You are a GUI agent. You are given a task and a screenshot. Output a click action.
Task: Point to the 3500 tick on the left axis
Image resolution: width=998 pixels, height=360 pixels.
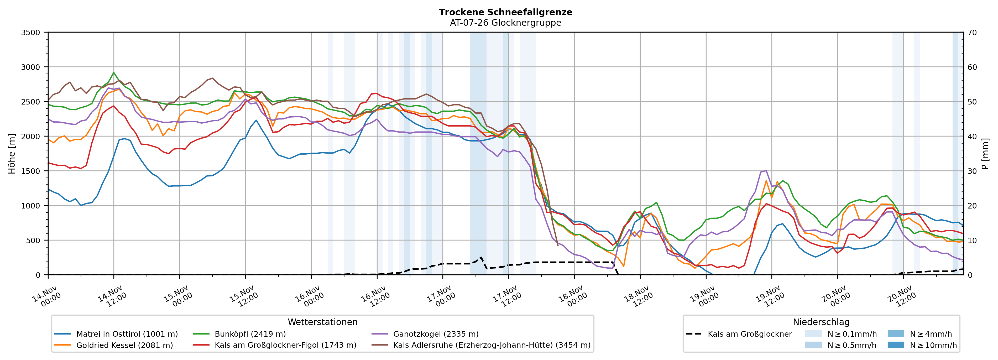pyautogui.click(x=31, y=33)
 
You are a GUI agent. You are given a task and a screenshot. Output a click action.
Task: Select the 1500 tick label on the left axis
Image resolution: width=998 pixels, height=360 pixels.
pyautogui.click(x=31, y=171)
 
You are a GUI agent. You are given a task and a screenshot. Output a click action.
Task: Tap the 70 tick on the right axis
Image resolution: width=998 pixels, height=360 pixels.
pyautogui.click(x=972, y=33)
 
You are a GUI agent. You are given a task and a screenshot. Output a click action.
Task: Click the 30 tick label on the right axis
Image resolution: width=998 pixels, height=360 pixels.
pyautogui.click(x=972, y=171)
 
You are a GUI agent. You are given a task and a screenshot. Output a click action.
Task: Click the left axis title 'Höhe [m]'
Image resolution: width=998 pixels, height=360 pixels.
pyautogui.click(x=12, y=153)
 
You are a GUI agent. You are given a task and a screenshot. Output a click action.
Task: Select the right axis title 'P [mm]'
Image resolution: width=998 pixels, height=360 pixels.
pyautogui.click(x=985, y=153)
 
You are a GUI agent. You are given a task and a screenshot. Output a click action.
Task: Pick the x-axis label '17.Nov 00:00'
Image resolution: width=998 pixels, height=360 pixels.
pyautogui.click(x=441, y=296)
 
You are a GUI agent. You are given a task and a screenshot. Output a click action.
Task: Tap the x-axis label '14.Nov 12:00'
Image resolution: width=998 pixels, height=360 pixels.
pyautogui.click(x=112, y=296)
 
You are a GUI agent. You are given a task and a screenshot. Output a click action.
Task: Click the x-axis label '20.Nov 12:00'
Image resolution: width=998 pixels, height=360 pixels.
pyautogui.click(x=902, y=296)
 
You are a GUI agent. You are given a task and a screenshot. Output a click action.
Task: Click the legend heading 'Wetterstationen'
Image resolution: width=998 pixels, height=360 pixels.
pyautogui.click(x=322, y=322)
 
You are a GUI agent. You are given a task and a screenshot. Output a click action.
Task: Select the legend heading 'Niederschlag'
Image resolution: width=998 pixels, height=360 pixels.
pyautogui.click(x=821, y=322)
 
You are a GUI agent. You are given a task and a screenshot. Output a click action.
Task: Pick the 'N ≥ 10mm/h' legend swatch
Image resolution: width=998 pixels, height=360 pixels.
pyautogui.click(x=895, y=345)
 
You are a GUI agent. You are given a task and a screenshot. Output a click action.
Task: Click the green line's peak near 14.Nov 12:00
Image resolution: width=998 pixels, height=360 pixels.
pyautogui.click(x=113, y=72)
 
